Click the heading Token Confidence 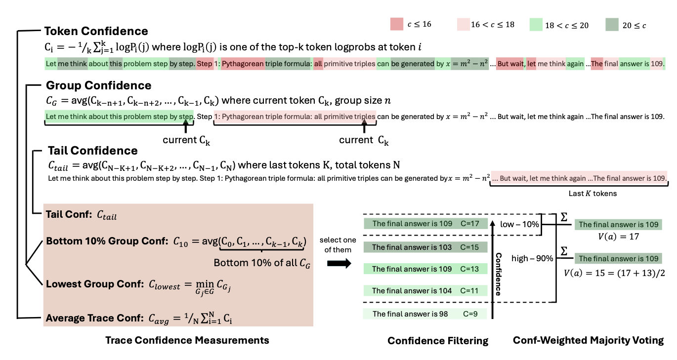96,31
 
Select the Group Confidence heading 98,85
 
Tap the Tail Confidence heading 92,150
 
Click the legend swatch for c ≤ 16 397,24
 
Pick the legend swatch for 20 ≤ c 612,24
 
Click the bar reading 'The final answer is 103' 425,247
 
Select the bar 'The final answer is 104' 425,291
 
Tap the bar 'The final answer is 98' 425,314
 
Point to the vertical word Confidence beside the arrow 499,274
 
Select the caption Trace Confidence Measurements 187,340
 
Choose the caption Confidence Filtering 438,341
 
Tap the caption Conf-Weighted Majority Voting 588,341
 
